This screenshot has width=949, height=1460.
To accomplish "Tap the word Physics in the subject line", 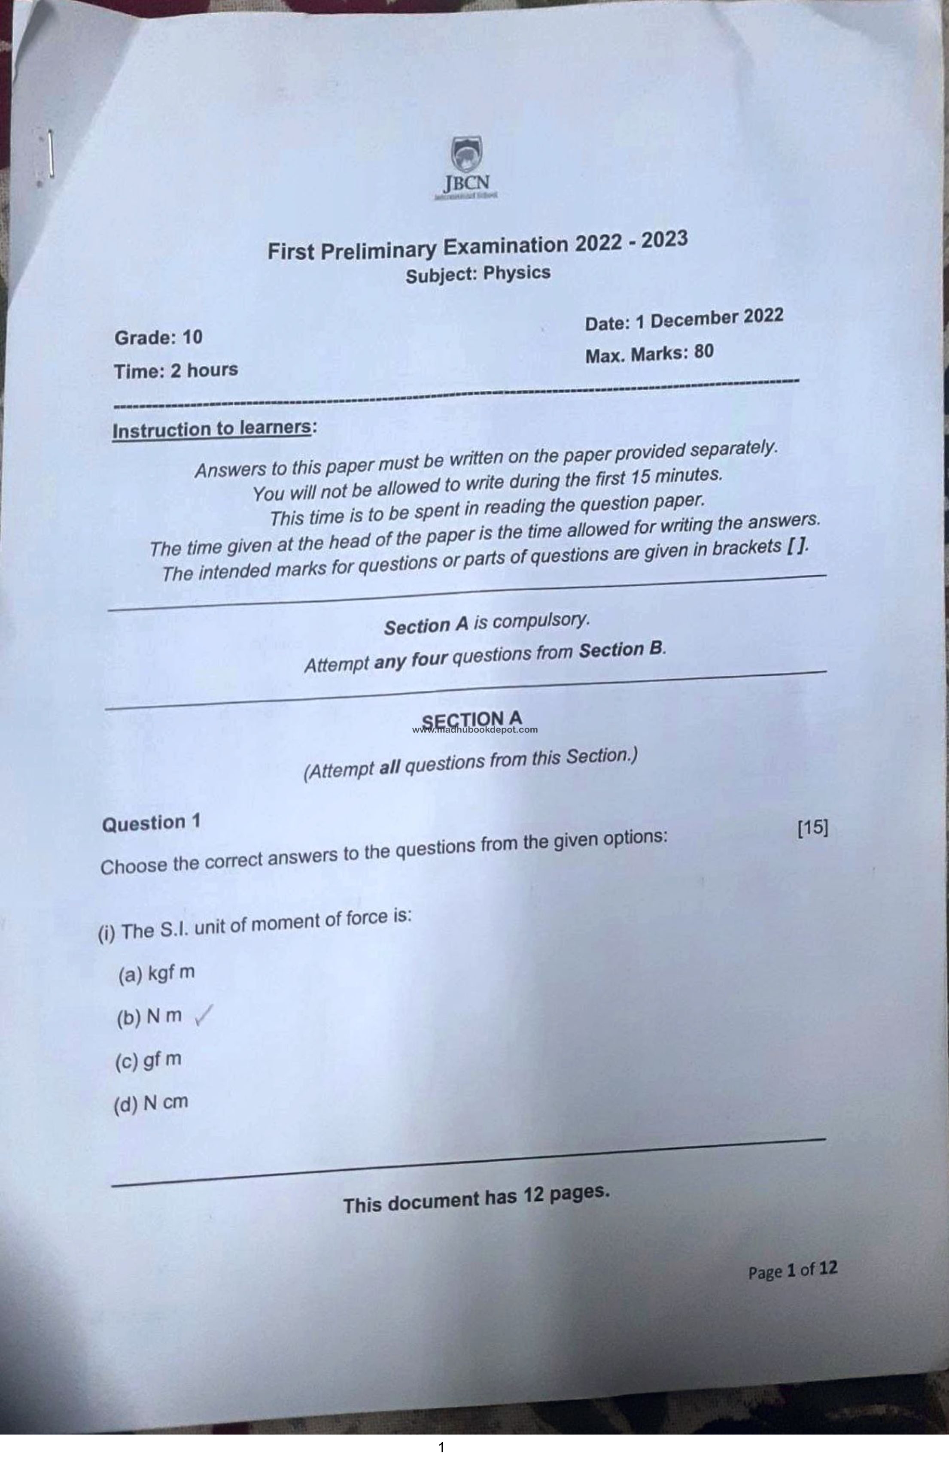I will (517, 272).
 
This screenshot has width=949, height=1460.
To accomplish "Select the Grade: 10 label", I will (158, 337).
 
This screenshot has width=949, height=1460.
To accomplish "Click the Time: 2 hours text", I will (176, 370).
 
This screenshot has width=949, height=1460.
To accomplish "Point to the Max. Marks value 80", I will (704, 352).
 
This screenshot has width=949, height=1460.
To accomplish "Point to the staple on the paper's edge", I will (51, 153).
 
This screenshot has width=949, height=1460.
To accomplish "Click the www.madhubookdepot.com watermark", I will (475, 730).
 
